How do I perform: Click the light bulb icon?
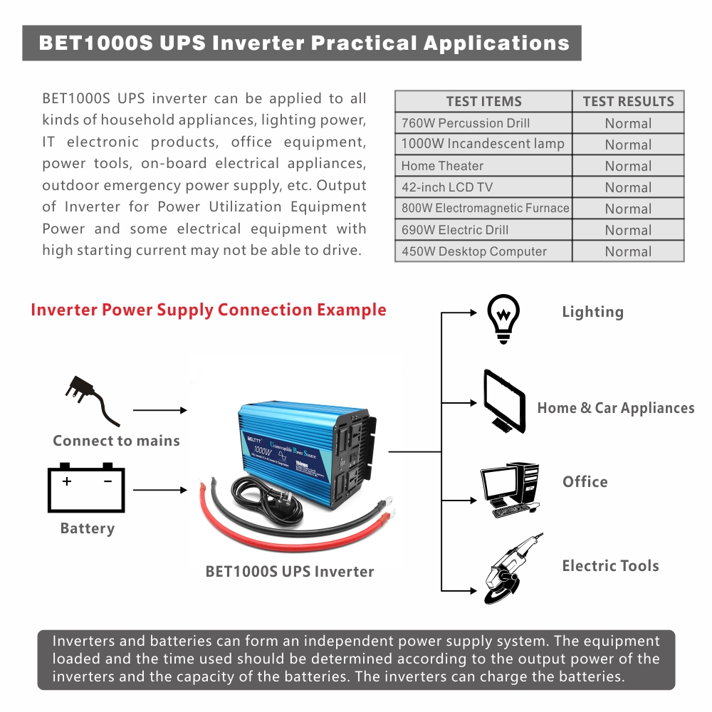[503, 320]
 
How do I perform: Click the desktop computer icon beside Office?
[509, 490]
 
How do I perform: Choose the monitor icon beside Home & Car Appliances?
[505, 401]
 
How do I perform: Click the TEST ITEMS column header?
[483, 101]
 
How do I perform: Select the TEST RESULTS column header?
[628, 101]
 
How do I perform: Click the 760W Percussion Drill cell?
[483, 123]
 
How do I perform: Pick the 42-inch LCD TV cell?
[483, 187]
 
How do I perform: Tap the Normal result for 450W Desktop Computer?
[628, 251]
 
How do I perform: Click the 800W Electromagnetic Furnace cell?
[483, 209]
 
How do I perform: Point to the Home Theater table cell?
[483, 166]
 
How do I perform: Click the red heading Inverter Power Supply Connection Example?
[209, 310]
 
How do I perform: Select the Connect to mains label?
[116, 441]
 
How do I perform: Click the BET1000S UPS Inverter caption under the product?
[289, 571]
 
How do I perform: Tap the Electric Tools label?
[610, 566]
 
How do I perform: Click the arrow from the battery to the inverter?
[159, 490]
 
